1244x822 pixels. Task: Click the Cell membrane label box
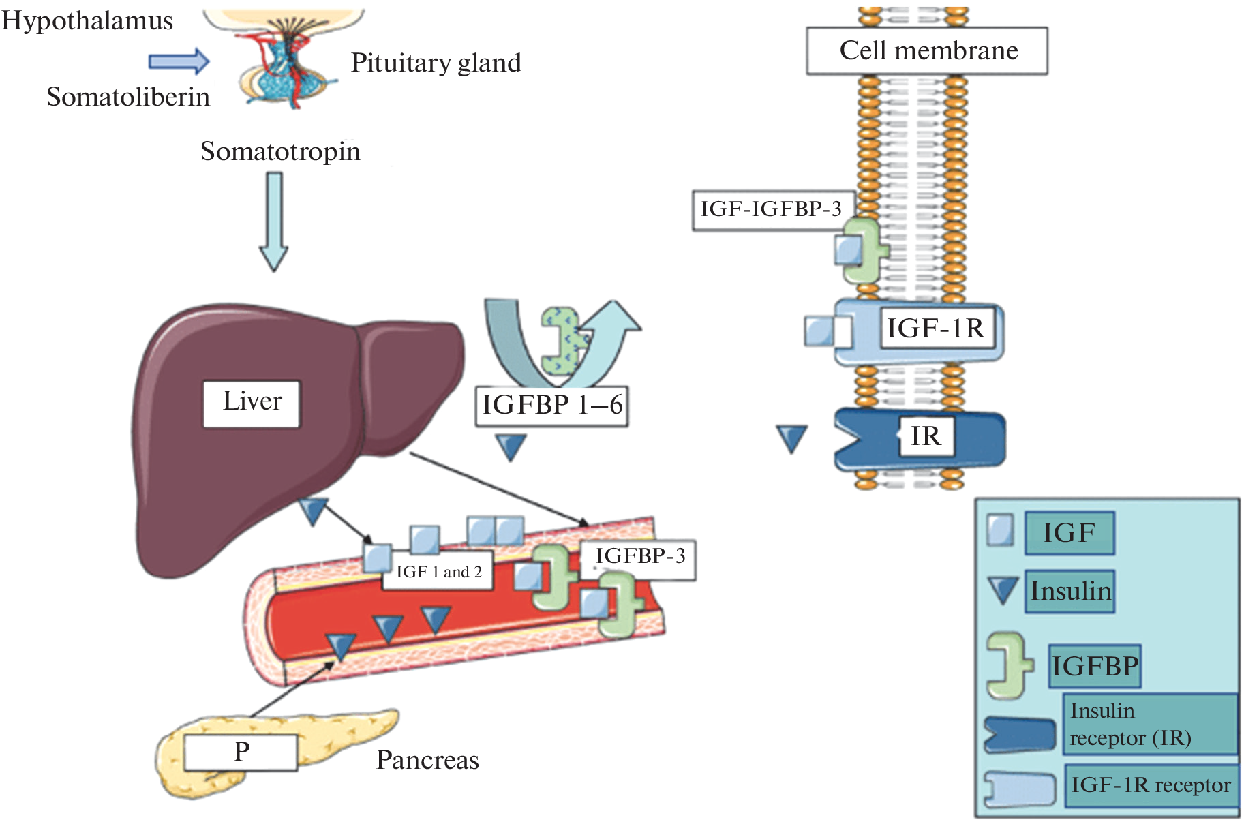tap(926, 51)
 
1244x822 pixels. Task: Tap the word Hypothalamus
tap(87, 21)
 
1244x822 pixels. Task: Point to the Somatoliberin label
tap(127, 97)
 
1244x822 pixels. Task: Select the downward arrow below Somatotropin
tap(273, 222)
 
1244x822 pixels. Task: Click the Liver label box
tap(252, 404)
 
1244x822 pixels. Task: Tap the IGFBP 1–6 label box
tap(551, 406)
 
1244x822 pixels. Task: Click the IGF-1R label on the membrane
tap(935, 329)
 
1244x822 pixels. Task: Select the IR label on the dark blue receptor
tap(925, 436)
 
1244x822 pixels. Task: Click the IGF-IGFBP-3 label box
tap(772, 210)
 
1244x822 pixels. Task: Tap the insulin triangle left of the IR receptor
tap(791, 438)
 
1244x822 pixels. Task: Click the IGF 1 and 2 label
tap(438, 572)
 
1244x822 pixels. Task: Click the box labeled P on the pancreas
tap(241, 752)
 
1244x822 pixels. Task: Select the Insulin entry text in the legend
tap(1070, 591)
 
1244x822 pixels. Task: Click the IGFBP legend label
tap(1094, 666)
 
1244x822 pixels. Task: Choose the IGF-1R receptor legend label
tap(1151, 786)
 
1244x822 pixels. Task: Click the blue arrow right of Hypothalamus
tap(179, 61)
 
